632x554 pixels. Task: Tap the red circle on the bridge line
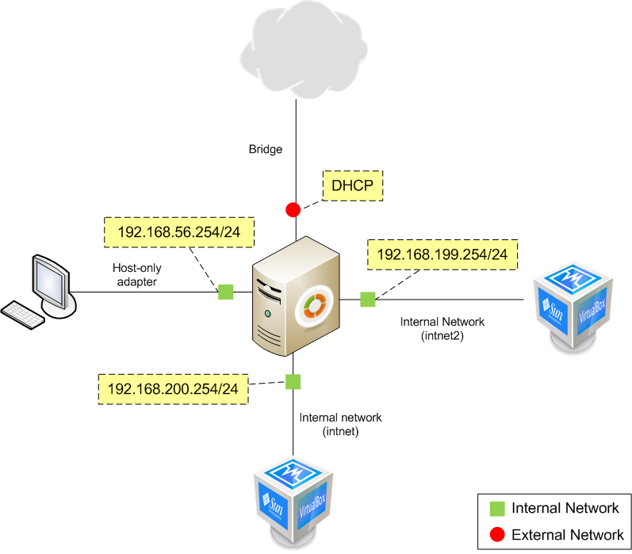[293, 210]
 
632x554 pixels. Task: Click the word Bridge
[265, 149]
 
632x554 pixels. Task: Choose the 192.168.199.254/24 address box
[442, 255]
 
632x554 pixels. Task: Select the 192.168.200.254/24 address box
[173, 389]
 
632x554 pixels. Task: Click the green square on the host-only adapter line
[226, 292]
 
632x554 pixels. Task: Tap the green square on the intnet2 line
[367, 299]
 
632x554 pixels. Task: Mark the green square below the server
[293, 382]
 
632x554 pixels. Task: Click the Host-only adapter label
[136, 274]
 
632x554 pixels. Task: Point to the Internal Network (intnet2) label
[442, 329]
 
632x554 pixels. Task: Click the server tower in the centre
[295, 297]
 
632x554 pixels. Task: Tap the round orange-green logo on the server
[314, 306]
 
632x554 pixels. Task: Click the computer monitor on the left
[51, 283]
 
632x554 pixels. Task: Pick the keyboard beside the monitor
[27, 313]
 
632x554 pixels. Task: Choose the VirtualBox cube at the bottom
[293, 499]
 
